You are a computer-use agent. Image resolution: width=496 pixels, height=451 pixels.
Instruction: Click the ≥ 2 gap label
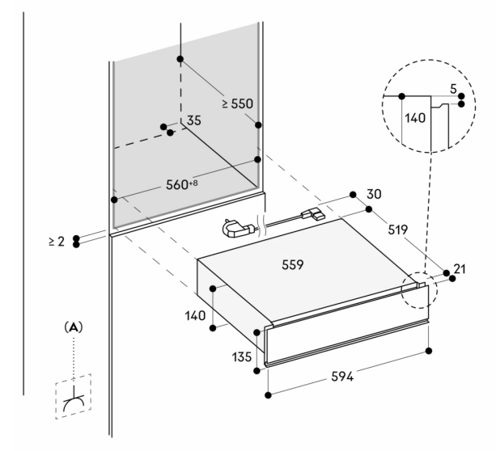pos(56,241)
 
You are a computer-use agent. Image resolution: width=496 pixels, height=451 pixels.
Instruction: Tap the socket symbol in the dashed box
pos(73,395)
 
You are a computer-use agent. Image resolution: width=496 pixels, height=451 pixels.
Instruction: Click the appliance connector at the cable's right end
pos(313,215)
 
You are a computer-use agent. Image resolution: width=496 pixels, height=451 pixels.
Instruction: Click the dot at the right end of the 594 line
pos(428,351)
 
